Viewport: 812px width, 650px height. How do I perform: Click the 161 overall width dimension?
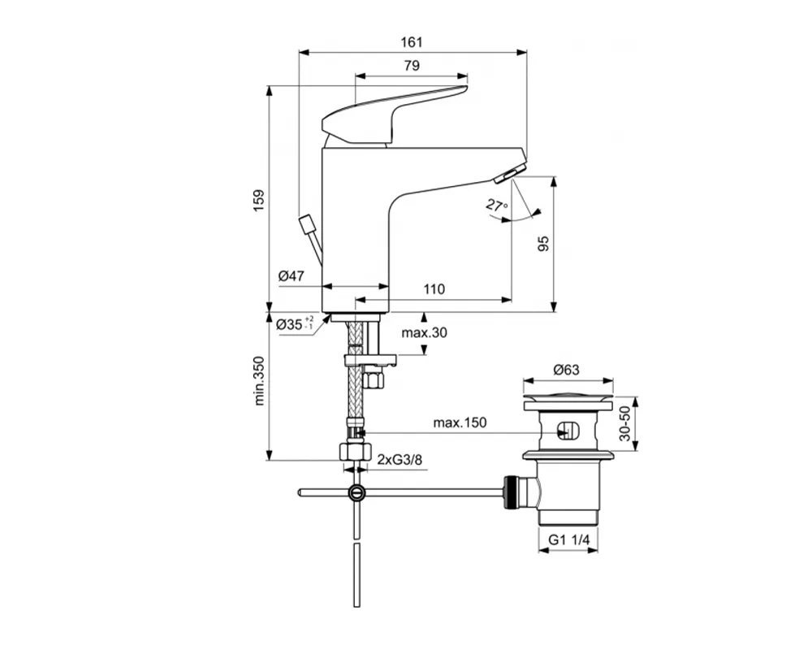(x=412, y=41)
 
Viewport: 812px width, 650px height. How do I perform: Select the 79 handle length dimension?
(x=412, y=65)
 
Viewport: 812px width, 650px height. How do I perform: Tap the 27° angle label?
(x=497, y=206)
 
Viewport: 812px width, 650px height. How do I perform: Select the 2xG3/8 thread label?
(x=400, y=460)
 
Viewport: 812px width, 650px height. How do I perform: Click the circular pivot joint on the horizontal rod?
(x=356, y=492)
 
